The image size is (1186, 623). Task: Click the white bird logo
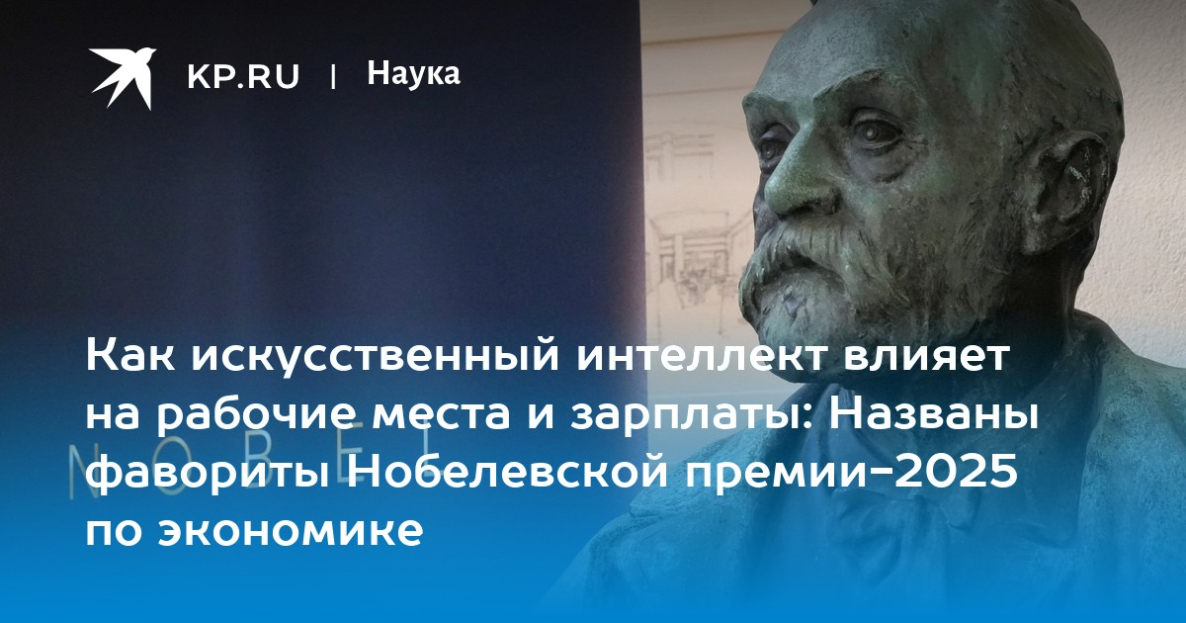coord(123,77)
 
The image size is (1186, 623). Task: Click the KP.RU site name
coord(243,77)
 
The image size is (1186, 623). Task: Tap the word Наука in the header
coord(413,73)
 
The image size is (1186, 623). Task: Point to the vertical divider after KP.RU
coord(333,77)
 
